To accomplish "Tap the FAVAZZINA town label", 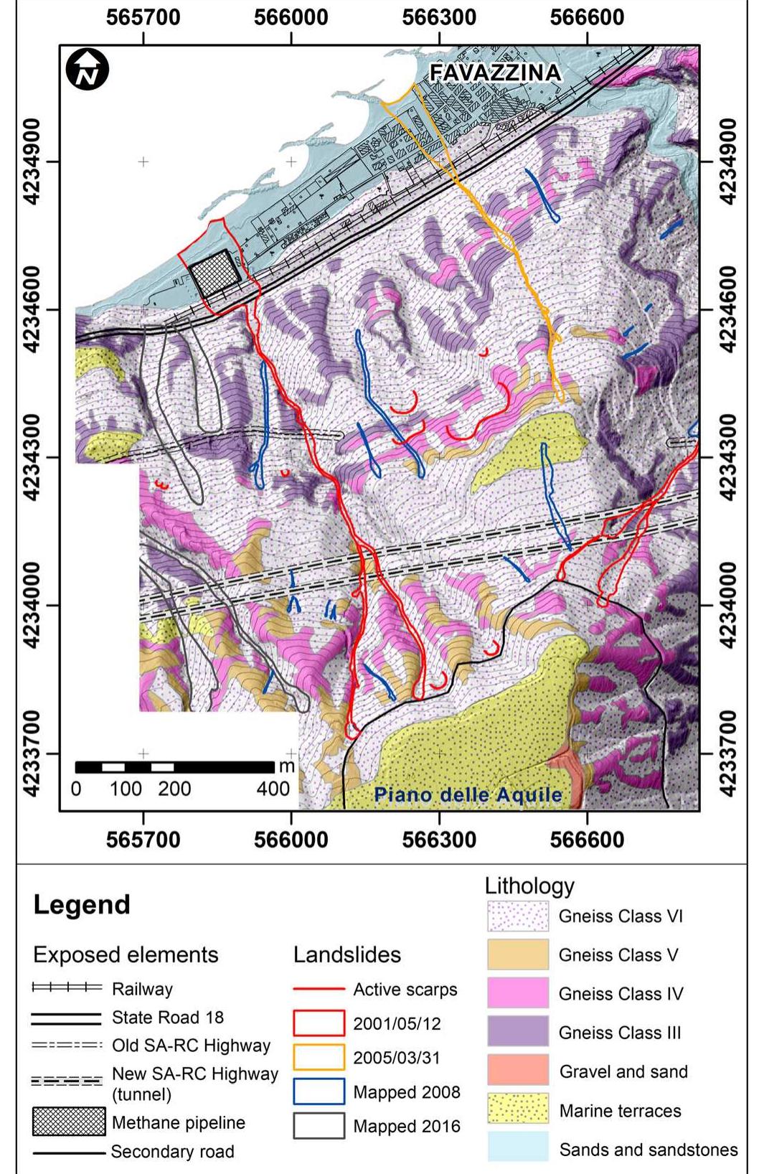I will [x=495, y=72].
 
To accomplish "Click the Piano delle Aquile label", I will [x=468, y=795].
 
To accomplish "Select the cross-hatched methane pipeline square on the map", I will [x=214, y=275].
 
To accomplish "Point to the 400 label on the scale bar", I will [x=273, y=789].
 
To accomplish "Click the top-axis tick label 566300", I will [x=439, y=17].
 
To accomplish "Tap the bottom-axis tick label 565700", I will [x=143, y=839].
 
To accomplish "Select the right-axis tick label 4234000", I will [x=727, y=605].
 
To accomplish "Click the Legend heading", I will [x=82, y=905].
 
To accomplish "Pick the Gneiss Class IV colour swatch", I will [x=517, y=993].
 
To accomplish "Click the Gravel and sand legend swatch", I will [x=517, y=1071].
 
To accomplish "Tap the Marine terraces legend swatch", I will [x=517, y=1109].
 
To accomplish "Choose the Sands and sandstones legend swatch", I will [x=517, y=1148].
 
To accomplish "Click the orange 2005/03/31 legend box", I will [x=319, y=1058].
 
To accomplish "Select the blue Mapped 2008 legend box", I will [x=319, y=1092].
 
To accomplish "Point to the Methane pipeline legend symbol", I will [x=68, y=1122].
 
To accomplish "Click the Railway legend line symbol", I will [x=67, y=989].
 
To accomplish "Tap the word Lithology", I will [x=529, y=886].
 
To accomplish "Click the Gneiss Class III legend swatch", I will [x=517, y=1032].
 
